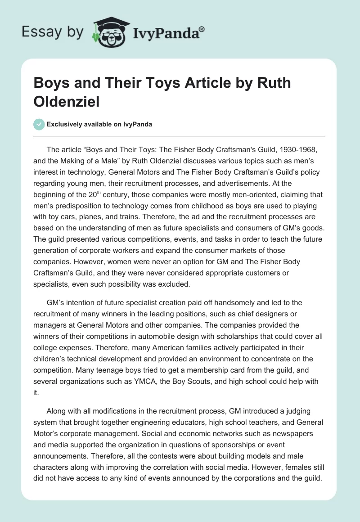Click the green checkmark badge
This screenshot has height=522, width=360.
39,124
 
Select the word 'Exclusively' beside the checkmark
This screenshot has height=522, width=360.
66,125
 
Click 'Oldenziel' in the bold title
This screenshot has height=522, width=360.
67,101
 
